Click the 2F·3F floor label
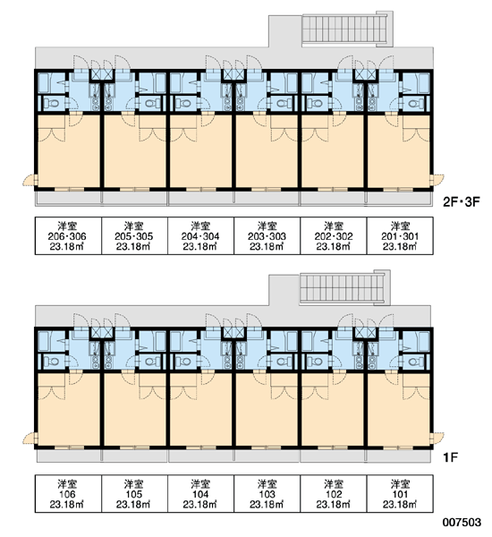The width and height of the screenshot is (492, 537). (x=462, y=202)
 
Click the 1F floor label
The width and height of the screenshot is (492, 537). (x=450, y=457)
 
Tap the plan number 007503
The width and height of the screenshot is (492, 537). (x=462, y=523)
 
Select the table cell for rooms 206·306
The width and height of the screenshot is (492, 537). (x=68, y=235)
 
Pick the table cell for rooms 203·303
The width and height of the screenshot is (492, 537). (x=267, y=235)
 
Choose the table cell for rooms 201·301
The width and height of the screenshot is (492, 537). (x=400, y=235)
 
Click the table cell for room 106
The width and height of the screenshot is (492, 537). (x=68, y=493)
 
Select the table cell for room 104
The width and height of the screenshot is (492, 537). (x=200, y=493)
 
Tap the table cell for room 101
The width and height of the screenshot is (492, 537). (x=400, y=493)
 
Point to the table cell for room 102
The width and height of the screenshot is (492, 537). (x=334, y=493)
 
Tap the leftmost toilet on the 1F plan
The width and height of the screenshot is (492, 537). (x=52, y=362)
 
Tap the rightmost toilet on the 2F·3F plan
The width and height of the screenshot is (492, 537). (x=415, y=103)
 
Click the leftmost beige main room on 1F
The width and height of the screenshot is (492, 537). (x=69, y=409)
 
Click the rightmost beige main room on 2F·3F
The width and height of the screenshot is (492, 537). (x=399, y=151)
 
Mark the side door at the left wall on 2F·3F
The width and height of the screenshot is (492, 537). (x=30, y=180)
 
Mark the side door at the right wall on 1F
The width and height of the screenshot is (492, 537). (x=437, y=439)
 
